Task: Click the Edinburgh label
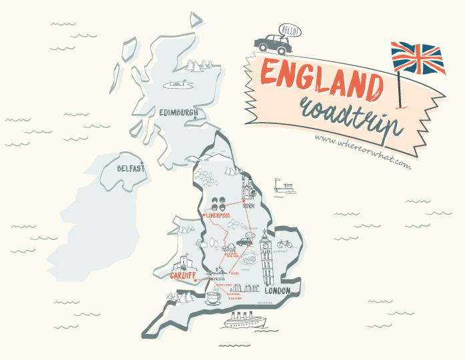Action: coord(178,113)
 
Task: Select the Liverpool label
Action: coord(223,216)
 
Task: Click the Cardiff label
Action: coord(181,275)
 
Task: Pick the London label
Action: coord(278,291)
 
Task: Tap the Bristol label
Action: coord(220,279)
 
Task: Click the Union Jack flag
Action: coord(417,58)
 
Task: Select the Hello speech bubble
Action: coord(290,31)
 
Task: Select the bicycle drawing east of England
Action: coord(284,244)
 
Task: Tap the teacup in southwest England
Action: coord(213,297)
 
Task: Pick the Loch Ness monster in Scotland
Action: coord(176,84)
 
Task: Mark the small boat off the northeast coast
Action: coord(286,187)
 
